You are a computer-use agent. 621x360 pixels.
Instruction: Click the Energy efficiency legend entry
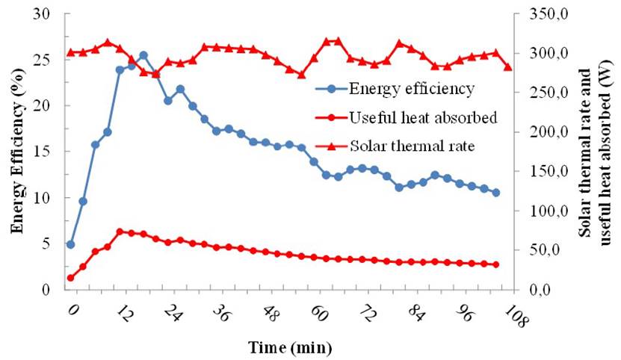[410, 89]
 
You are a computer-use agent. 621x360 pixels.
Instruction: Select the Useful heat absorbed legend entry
[421, 117]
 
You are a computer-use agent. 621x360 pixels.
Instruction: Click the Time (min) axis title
[291, 347]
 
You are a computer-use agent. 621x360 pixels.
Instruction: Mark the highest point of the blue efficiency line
[143, 55]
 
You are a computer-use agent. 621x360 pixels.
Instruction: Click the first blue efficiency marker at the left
[71, 244]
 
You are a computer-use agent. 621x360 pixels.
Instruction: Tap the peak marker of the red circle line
[120, 232]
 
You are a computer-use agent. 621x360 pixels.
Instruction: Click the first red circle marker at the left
[71, 278]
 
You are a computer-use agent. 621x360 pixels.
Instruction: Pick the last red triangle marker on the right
[508, 67]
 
